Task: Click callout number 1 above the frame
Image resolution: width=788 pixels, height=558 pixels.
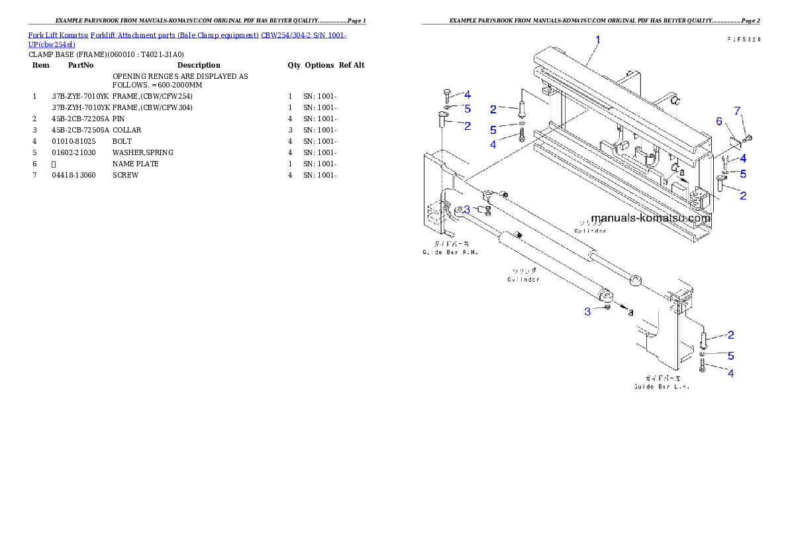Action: [597, 40]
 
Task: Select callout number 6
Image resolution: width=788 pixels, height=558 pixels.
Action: [718, 121]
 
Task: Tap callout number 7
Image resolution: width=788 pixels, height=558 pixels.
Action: [737, 110]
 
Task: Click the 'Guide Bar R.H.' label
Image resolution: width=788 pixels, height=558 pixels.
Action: [450, 252]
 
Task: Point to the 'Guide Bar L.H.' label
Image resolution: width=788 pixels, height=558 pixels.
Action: [662, 386]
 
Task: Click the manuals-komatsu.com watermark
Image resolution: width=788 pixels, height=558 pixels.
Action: [650, 218]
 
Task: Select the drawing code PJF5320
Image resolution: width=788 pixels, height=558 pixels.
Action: [742, 40]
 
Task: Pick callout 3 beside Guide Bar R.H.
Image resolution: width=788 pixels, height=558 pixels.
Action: [467, 209]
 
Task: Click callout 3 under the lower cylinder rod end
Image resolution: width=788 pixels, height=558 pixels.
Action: [587, 311]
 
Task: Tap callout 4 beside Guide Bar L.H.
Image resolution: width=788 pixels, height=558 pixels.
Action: [731, 373]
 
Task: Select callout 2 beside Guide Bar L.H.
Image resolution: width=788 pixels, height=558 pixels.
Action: [730, 335]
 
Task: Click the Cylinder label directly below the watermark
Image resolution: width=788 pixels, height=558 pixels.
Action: [590, 231]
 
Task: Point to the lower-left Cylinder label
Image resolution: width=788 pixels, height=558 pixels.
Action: [523, 279]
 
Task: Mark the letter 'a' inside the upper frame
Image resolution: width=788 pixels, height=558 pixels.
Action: [681, 172]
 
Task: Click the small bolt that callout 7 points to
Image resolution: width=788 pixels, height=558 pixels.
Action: [748, 138]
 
